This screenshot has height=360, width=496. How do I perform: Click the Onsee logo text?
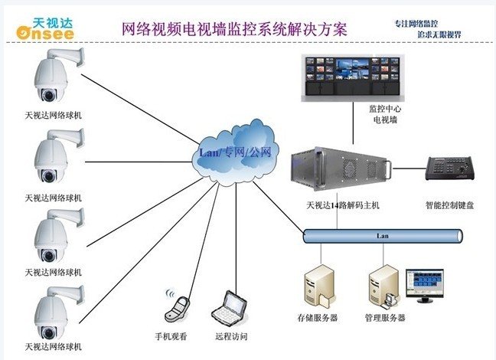pyautogui.click(x=45, y=33)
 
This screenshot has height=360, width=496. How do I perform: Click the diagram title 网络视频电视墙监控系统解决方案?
pyautogui.click(x=235, y=29)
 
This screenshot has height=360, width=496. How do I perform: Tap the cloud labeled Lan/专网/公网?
pyautogui.click(x=236, y=152)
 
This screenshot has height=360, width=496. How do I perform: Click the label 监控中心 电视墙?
pyautogui.click(x=385, y=114)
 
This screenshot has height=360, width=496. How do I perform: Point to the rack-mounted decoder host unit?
pyautogui.click(x=341, y=169)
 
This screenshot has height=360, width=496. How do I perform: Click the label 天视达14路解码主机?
pyautogui.click(x=343, y=205)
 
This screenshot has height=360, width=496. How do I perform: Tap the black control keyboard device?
pyautogui.click(x=450, y=168)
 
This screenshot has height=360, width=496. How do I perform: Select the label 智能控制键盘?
pyautogui.click(x=449, y=205)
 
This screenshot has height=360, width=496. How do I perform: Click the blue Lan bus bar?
pyautogui.click(x=383, y=236)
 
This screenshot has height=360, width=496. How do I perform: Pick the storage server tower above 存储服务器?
pyautogui.click(x=319, y=286)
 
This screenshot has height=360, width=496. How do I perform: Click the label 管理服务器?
pyautogui.click(x=385, y=318)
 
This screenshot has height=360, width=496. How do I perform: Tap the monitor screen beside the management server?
pyautogui.click(x=425, y=283)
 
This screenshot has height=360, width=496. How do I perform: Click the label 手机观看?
pyautogui.click(x=171, y=336)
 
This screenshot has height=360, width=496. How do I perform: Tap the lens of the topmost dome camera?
pyautogui.click(x=49, y=95)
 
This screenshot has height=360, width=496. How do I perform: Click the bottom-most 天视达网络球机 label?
pyautogui.click(x=53, y=347)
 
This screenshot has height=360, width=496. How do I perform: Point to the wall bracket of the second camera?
pyautogui.click(x=67, y=137)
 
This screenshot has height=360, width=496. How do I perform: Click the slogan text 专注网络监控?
pyautogui.click(x=416, y=24)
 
